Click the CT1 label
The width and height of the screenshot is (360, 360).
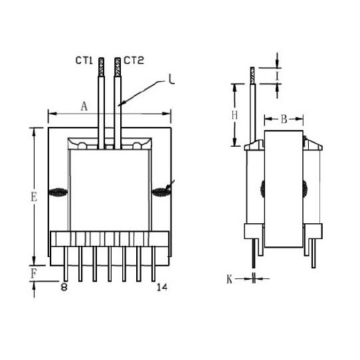point(84,60)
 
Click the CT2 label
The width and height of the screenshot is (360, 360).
point(134,60)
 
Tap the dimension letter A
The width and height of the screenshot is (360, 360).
point(84,106)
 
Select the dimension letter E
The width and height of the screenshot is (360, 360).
point(34,197)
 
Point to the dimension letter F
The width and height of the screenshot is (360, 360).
point(33,274)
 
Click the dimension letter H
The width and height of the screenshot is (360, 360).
point(234,115)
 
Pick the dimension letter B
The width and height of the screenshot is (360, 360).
point(284,119)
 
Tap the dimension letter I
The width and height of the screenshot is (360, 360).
point(278,76)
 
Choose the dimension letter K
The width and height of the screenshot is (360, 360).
point(229,280)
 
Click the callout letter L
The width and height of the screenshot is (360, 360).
point(171,79)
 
